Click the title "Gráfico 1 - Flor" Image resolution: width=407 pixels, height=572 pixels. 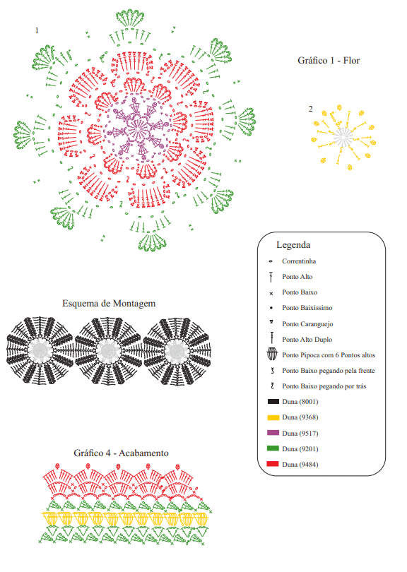329,61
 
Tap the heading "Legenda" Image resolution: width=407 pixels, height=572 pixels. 293,245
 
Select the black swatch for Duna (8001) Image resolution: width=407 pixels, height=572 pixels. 273,402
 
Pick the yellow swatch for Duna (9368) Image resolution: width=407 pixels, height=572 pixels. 273,417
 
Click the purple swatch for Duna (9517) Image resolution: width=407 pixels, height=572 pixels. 273,433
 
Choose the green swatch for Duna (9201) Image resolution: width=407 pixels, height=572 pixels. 273,448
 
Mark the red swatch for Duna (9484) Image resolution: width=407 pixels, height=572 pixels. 273,464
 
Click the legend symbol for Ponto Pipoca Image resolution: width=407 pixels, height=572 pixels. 272,354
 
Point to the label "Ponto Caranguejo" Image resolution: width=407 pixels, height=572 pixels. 307,324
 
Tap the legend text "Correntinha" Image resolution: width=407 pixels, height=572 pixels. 299,261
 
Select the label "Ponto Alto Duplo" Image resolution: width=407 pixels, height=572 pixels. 307,340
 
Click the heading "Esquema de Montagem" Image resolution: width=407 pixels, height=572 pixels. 109,304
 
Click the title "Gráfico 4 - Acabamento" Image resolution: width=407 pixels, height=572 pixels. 122,453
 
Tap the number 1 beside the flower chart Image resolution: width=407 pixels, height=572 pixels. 37,30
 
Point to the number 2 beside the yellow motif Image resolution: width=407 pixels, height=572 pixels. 311,109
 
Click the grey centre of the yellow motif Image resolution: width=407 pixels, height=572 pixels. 343,137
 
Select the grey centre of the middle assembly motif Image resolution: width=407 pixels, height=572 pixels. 108,351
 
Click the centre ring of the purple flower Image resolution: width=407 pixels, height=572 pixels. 138,129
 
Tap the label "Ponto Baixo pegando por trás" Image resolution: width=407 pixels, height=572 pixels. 324,386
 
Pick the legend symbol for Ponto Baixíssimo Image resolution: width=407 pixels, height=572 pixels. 271,308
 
